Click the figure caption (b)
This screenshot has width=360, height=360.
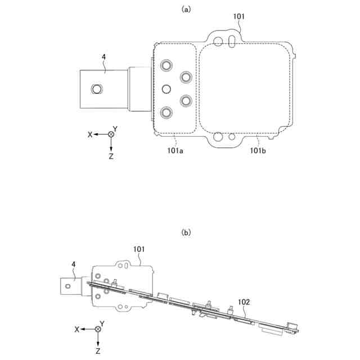pyautogui.click(x=186, y=231)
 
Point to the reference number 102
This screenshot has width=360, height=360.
pyautogui.click(x=244, y=301)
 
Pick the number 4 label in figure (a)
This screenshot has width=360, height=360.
pyautogui.click(x=104, y=56)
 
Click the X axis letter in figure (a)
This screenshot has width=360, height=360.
pyautogui.click(x=90, y=134)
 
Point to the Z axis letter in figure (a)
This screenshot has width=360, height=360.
pyautogui.click(x=111, y=156)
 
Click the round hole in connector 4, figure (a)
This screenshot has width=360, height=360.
pyautogui.click(x=97, y=89)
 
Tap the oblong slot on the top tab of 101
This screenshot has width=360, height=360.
pyautogui.click(x=231, y=41)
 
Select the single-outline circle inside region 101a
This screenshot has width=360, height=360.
pyautogui.click(x=166, y=89)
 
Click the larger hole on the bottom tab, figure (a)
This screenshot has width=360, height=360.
pyautogui.click(x=218, y=136)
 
